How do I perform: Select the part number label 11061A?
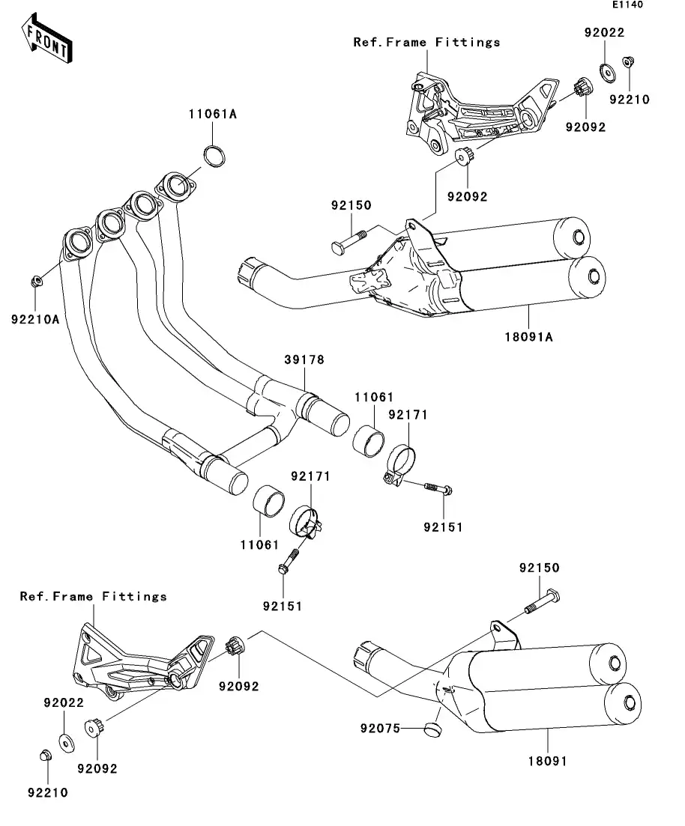click(x=212, y=115)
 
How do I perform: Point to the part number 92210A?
click(x=35, y=320)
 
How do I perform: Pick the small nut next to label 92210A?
click(x=35, y=282)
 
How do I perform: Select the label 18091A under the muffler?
click(x=529, y=337)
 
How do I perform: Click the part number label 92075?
click(x=381, y=728)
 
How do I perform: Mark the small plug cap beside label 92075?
click(x=431, y=727)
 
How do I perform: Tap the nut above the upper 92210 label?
click(x=629, y=64)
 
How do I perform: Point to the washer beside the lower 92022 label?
click(x=66, y=741)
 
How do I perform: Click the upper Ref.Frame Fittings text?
click(x=426, y=43)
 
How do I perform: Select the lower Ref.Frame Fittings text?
click(x=93, y=597)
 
